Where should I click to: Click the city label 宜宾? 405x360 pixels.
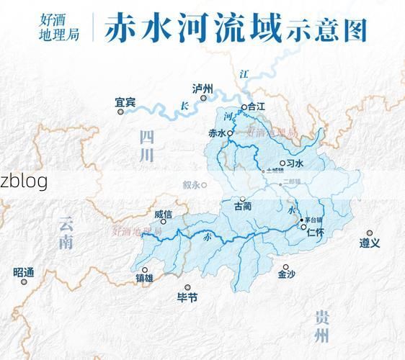[125, 103]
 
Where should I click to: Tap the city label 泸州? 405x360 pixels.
[203, 89]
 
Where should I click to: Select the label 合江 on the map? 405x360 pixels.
[257, 107]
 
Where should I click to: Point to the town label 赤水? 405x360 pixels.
[216, 132]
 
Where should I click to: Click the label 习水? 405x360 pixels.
[295, 163]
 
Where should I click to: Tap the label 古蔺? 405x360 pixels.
[243, 207]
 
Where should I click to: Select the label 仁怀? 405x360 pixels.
[315, 233]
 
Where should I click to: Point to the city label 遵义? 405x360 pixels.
[370, 243]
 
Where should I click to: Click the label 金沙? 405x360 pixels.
[286, 274]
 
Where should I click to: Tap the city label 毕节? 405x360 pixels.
[187, 297]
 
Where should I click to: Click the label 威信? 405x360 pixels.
[164, 215]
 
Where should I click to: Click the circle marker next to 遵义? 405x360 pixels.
[370, 233]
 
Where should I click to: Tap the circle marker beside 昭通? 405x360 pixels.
[24, 282]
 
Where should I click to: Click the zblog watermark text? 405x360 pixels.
[24, 181]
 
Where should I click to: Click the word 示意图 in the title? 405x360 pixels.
[326, 30]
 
